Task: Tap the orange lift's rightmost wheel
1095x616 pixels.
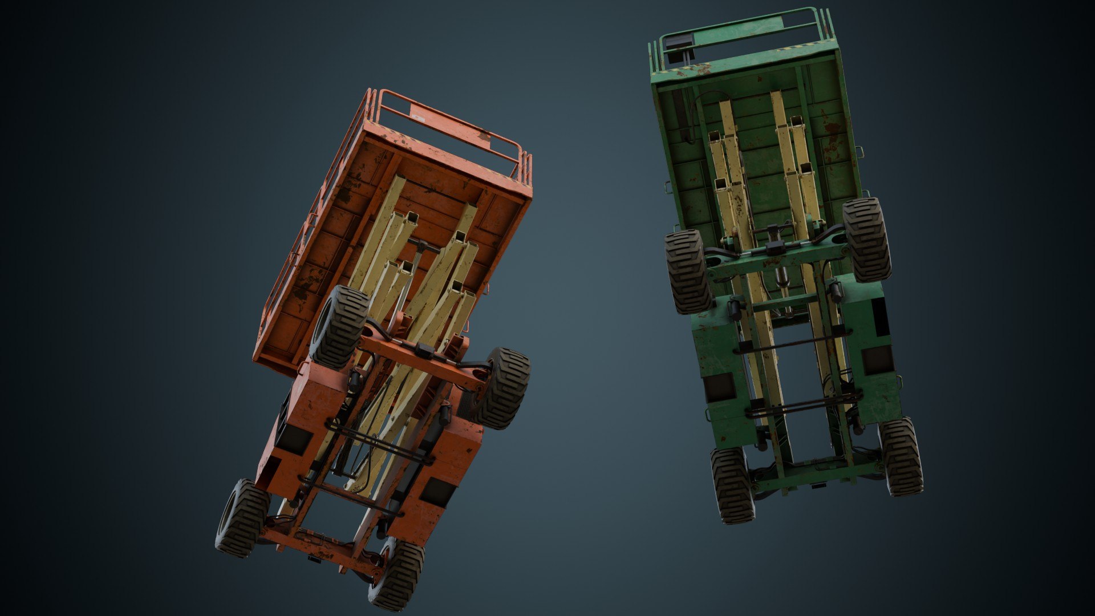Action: click(502, 388)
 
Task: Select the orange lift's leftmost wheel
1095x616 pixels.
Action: click(242, 518)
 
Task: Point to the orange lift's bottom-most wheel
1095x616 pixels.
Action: click(398, 574)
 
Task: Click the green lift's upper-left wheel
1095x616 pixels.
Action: click(688, 271)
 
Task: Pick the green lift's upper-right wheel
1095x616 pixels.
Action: click(866, 240)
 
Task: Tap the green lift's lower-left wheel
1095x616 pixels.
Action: click(733, 485)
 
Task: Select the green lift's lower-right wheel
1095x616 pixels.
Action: click(901, 456)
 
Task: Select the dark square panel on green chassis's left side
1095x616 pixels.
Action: click(720, 388)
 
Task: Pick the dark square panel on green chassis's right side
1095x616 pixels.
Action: click(877, 359)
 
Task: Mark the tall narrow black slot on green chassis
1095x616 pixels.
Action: click(881, 317)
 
